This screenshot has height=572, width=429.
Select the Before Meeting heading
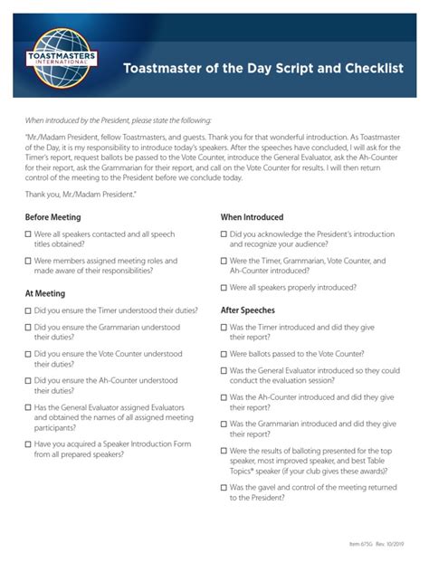52,217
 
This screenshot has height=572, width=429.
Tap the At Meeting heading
44,293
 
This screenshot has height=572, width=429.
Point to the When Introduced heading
252,217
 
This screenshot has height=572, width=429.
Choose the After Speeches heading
247,310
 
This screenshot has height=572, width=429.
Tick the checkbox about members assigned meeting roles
28,261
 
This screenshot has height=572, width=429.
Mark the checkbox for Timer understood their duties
28,310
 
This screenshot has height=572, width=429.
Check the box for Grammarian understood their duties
28,328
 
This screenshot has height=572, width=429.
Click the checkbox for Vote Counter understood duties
28,355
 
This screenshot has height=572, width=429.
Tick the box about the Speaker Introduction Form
28,445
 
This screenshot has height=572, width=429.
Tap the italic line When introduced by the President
119,119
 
